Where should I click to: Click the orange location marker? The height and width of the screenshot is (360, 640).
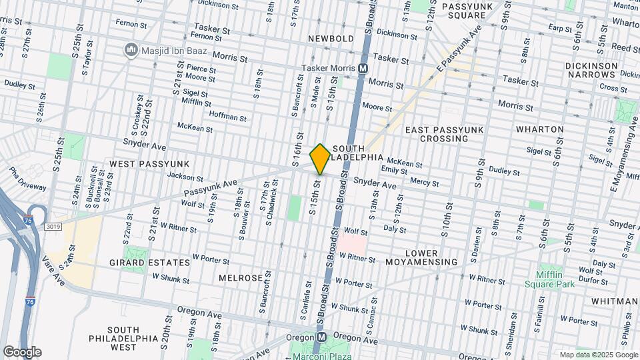tap(321, 159)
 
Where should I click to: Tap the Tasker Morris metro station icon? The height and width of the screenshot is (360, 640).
tap(363, 68)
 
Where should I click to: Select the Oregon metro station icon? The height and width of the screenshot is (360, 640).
tap(321, 337)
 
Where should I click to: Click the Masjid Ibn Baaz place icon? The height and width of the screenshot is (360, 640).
tap(130, 50)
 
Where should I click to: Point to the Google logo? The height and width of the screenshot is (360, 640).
tap(21, 351)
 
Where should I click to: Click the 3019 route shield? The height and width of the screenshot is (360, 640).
tap(53, 227)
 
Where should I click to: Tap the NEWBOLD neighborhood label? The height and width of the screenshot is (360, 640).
tap(331, 39)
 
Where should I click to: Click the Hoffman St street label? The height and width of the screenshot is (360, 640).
tap(227, 117)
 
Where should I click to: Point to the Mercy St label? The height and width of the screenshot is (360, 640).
tap(425, 183)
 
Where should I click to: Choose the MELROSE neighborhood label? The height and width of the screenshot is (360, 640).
tap(239, 277)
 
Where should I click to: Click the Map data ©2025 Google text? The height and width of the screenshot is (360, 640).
tap(598, 355)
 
